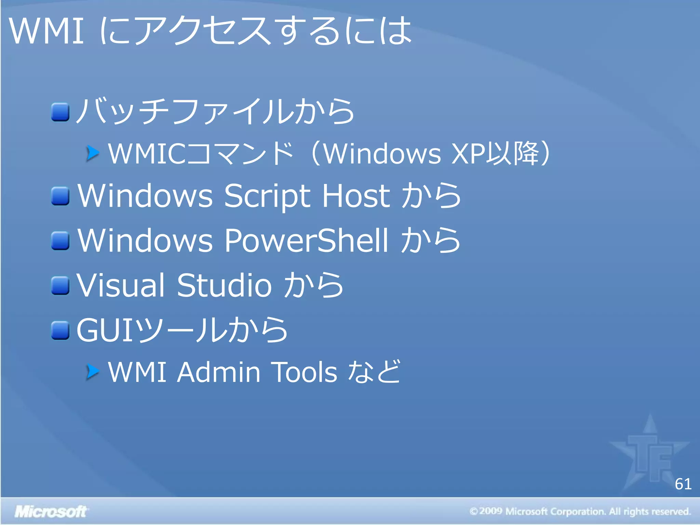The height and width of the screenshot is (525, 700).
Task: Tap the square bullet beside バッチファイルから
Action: coord(60,112)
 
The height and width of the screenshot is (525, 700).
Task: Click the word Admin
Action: coord(219,372)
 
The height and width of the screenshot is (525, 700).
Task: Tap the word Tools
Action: coord(304,372)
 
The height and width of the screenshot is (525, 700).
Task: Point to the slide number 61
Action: coord(683,484)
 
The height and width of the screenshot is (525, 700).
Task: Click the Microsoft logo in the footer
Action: coord(51,512)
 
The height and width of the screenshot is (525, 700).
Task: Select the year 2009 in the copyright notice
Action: coord(490,511)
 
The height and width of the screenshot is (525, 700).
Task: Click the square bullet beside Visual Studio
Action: coord(60,285)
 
